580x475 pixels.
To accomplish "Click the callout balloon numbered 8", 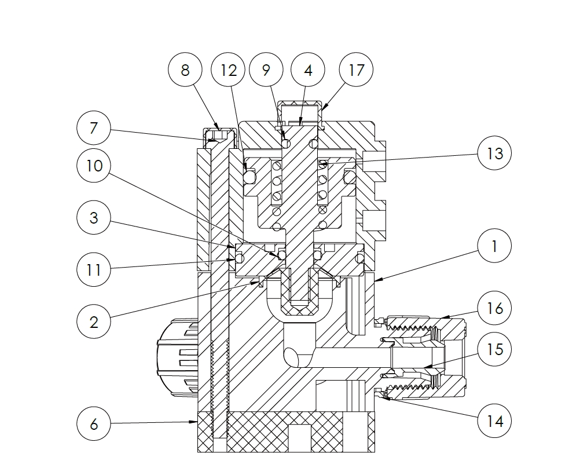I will (x=185, y=70).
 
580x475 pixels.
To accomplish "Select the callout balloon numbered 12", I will (x=229, y=70).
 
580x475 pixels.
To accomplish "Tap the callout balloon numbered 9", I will (x=266, y=70).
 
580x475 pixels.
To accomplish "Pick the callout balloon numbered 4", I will (x=308, y=70).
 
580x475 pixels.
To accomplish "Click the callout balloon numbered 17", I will (x=357, y=70).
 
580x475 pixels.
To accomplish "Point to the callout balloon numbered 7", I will (x=94, y=127).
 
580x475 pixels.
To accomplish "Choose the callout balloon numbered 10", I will (x=94, y=166).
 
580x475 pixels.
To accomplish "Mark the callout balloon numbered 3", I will (x=94, y=218).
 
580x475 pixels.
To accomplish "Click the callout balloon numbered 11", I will (x=94, y=270).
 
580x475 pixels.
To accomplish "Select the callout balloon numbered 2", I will (x=94, y=321).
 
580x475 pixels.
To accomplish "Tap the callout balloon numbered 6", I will (x=94, y=424).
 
